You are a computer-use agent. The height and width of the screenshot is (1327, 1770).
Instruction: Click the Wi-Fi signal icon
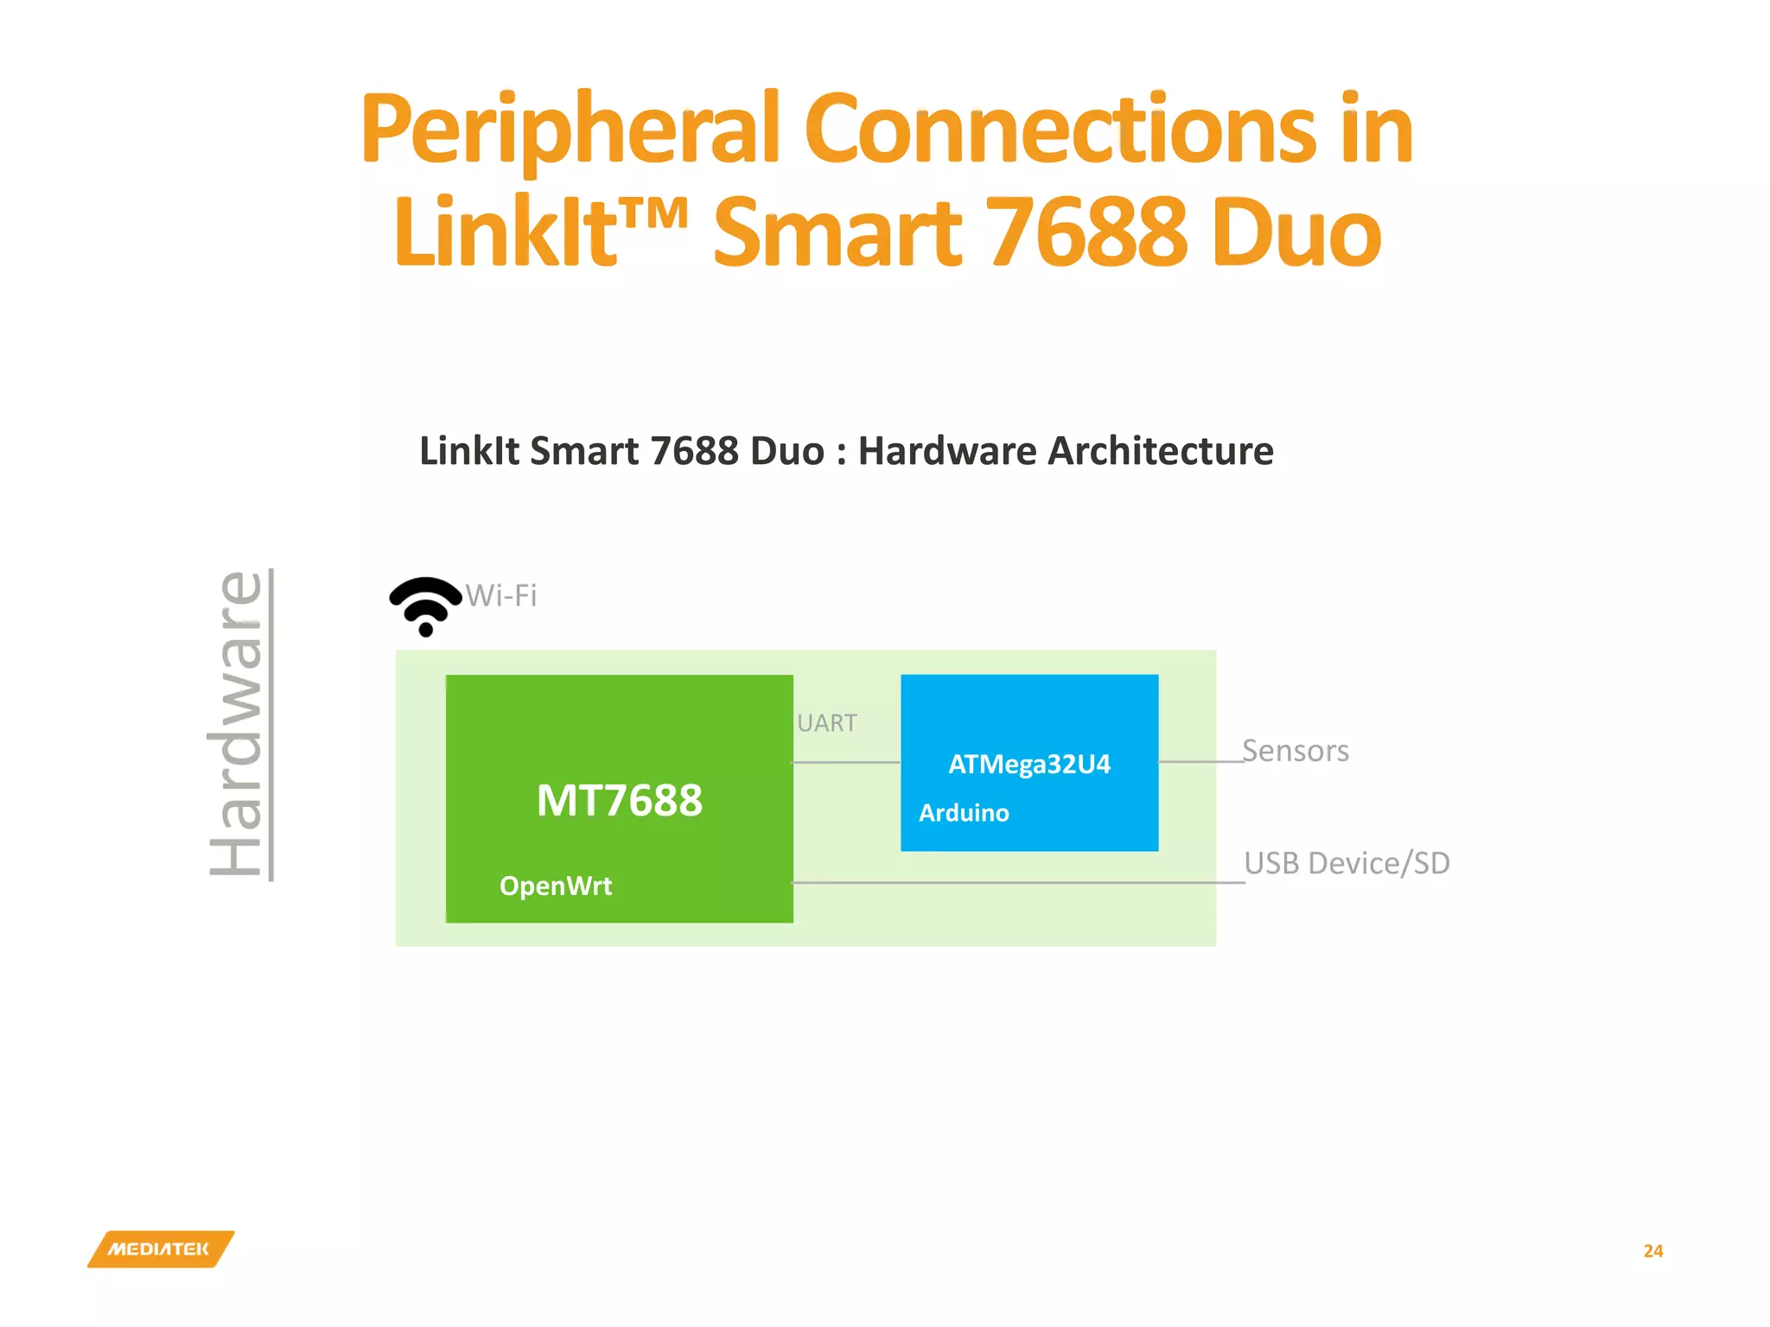tap(425, 606)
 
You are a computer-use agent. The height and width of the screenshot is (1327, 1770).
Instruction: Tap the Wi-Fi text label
tap(501, 595)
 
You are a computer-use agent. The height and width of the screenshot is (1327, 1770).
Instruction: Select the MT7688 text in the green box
tap(619, 800)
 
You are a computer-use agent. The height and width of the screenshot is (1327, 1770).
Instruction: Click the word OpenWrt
tap(556, 886)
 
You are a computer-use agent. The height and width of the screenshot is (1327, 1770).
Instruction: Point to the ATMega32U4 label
tap(1028, 764)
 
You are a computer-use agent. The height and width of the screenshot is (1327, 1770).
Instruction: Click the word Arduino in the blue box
tap(964, 813)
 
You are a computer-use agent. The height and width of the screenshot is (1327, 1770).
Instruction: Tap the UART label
tap(827, 723)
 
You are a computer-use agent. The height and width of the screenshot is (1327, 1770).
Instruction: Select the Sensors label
tap(1295, 751)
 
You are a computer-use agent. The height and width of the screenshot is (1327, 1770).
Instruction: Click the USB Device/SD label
tap(1347, 863)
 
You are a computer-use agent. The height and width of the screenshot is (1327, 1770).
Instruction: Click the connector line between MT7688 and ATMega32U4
tap(846, 762)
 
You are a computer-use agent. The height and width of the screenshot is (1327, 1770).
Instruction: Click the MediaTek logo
tap(161, 1249)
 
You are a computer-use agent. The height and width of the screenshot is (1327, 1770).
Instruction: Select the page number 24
tap(1652, 1251)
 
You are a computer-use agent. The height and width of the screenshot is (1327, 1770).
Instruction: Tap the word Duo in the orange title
tap(1296, 232)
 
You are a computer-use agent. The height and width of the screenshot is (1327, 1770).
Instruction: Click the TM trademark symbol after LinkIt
tap(654, 213)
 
